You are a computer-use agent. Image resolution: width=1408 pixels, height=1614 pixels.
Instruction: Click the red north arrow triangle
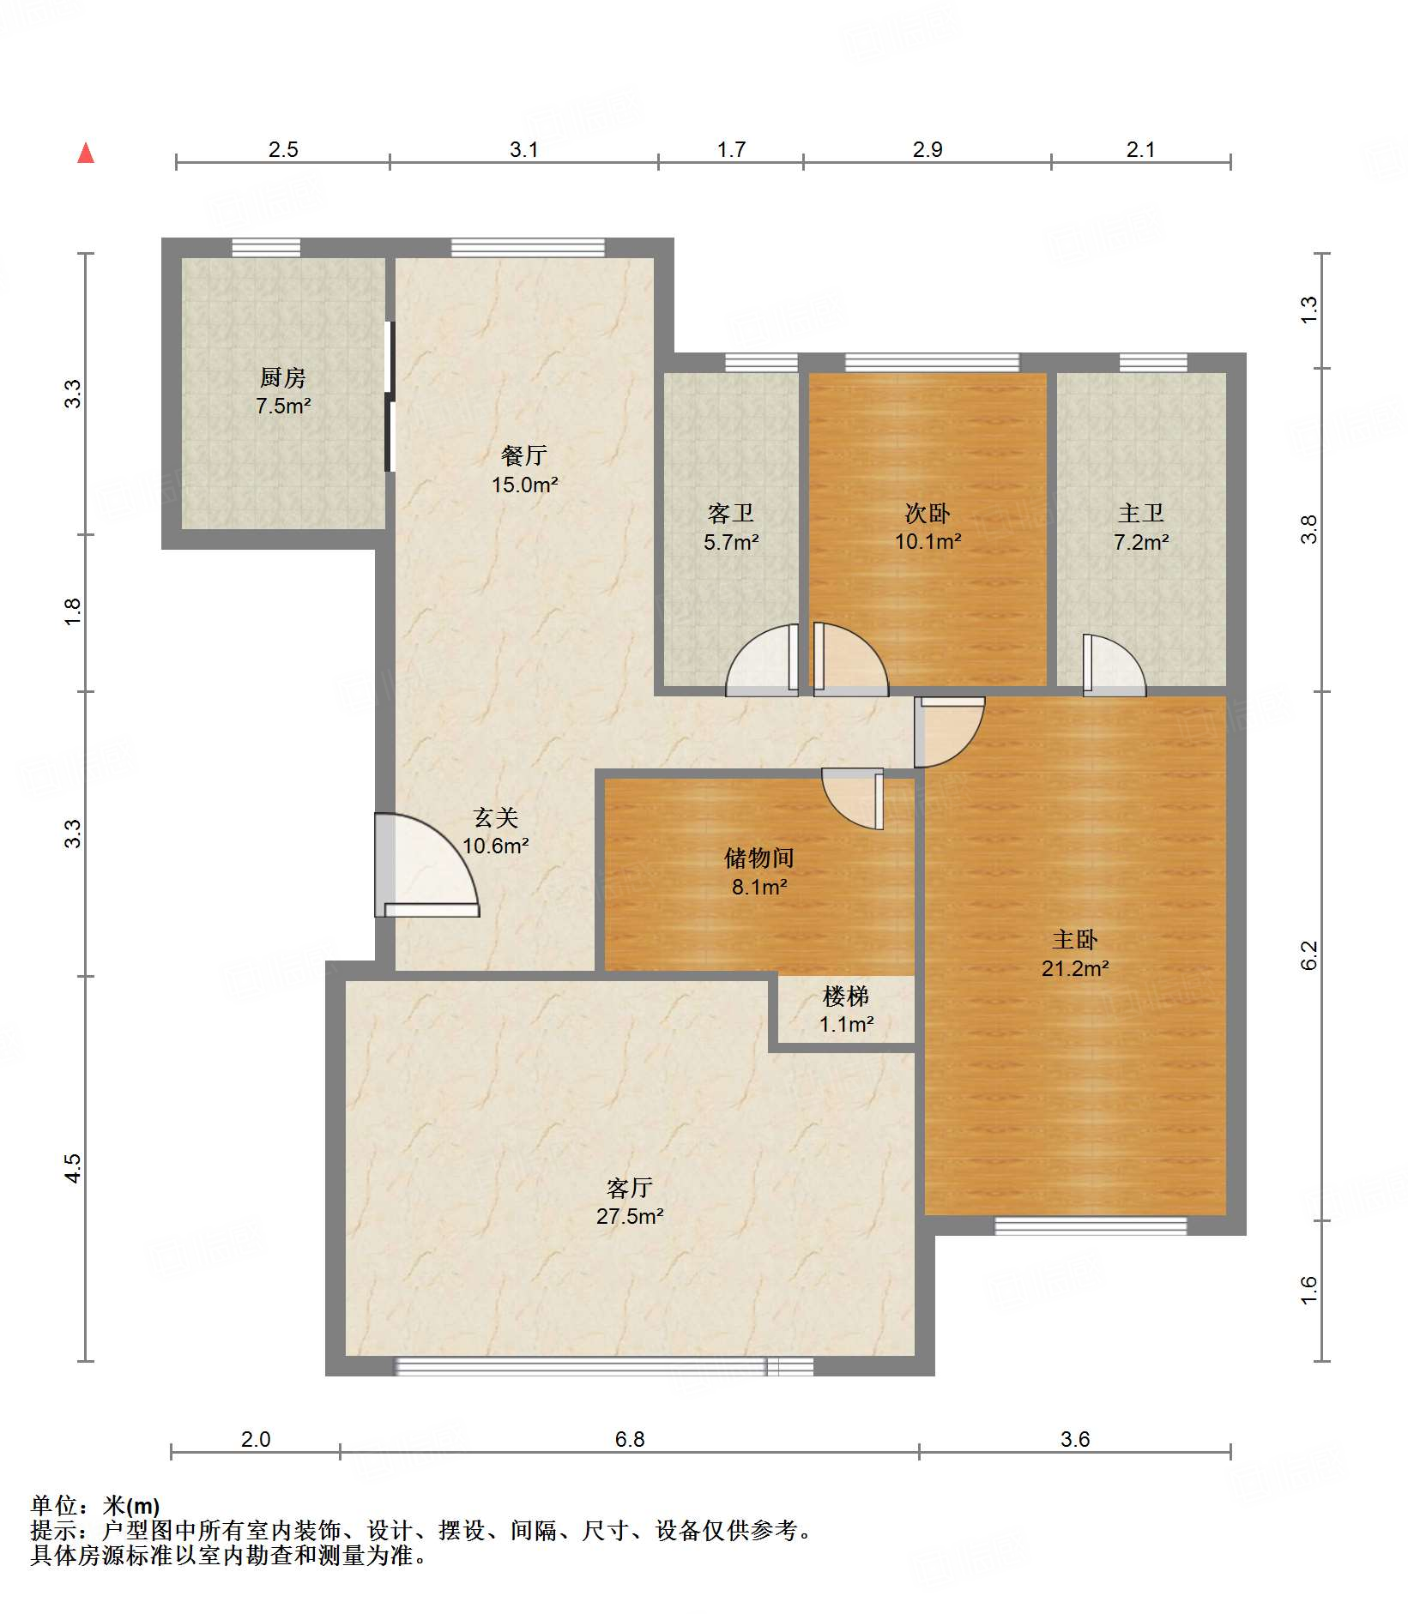click(x=86, y=153)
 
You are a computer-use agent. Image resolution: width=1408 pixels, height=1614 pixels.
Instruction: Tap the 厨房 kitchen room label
click(x=283, y=377)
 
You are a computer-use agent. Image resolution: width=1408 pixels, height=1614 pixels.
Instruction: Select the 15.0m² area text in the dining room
click(x=524, y=485)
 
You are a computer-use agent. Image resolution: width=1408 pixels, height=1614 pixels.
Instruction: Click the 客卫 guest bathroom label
click(x=731, y=513)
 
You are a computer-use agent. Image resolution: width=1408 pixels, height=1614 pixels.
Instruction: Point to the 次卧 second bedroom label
click(x=928, y=513)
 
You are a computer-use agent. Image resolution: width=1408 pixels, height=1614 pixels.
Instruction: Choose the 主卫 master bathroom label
click(x=1141, y=513)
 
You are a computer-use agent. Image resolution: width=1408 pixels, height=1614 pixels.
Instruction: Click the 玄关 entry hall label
click(x=496, y=817)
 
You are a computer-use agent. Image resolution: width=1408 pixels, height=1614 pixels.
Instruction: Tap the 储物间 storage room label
click(x=759, y=858)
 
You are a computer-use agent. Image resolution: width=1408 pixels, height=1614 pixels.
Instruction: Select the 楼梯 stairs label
click(x=846, y=996)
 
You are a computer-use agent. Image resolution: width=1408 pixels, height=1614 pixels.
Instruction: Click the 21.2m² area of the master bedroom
click(x=1075, y=968)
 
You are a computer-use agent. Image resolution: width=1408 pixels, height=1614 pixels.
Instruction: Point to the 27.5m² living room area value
click(x=630, y=1216)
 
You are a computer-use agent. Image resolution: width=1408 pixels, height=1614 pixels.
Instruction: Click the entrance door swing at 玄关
click(x=426, y=864)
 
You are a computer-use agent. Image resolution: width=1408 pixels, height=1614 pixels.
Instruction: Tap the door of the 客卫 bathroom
click(x=762, y=659)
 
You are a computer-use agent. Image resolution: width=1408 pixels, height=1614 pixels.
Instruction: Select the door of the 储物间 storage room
click(x=853, y=798)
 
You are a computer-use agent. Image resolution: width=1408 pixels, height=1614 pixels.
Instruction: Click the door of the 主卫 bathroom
click(x=1114, y=665)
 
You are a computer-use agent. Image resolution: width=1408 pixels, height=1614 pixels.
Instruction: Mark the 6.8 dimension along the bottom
click(x=630, y=1439)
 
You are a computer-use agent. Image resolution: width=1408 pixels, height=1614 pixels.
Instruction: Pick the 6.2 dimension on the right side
click(x=1308, y=955)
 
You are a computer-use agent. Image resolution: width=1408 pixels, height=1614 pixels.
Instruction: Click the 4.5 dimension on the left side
click(x=73, y=1168)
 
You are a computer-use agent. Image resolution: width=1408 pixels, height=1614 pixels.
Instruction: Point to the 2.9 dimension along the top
click(x=928, y=149)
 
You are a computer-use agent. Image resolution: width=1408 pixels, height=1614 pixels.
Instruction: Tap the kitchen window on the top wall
click(x=266, y=248)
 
